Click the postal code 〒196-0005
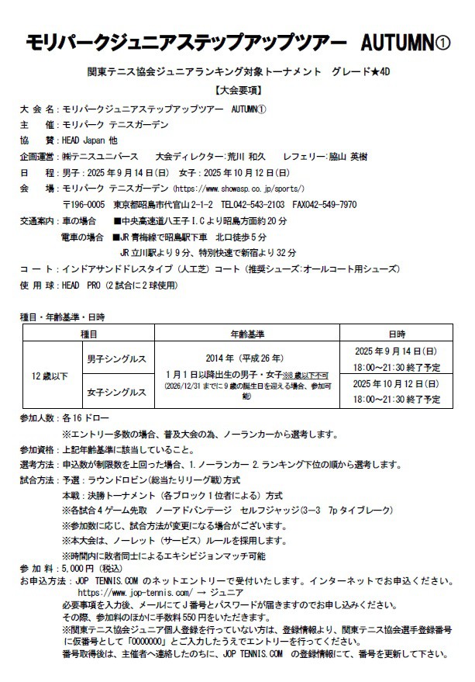[84, 205]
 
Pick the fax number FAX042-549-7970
[324, 205]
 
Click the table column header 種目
[88, 334]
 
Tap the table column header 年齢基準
[247, 334]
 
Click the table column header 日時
[397, 334]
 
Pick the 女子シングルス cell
[116, 393]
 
